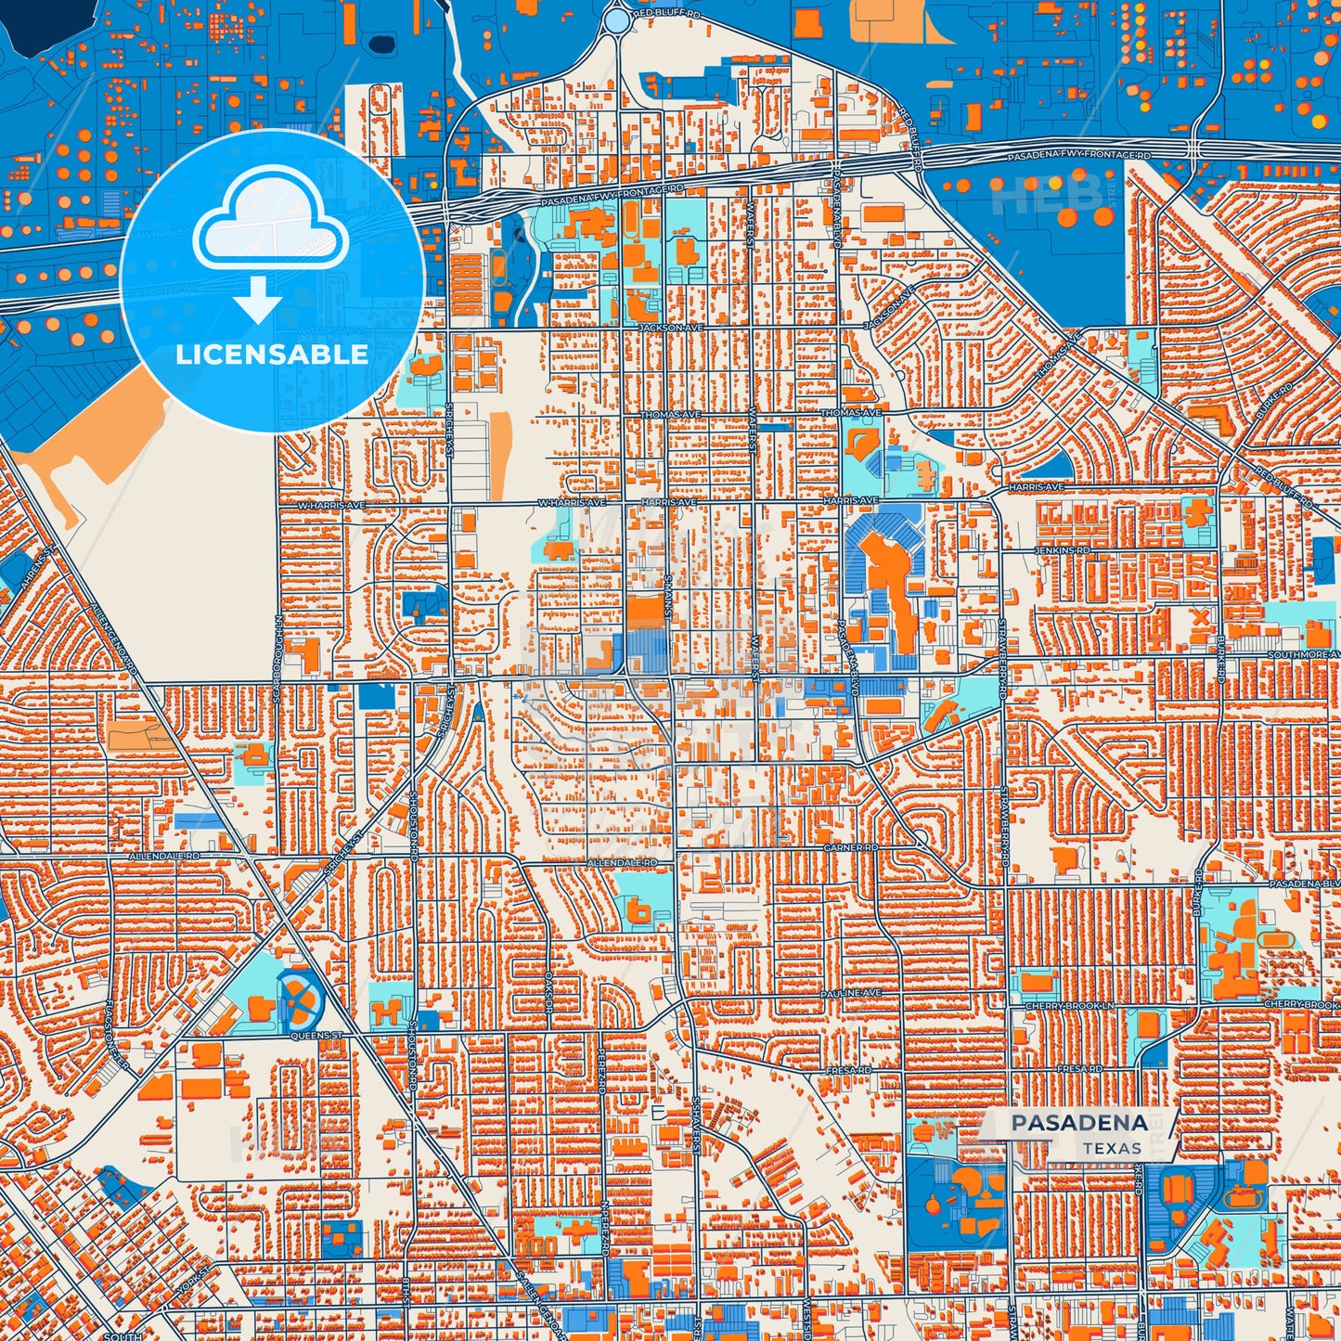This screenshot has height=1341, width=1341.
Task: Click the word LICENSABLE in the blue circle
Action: (272, 355)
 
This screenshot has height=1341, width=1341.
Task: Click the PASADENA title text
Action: (1079, 1123)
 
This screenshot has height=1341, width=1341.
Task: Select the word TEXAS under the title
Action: (1112, 1149)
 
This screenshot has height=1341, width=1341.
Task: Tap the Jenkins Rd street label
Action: (1062, 551)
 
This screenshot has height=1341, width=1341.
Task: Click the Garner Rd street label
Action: (850, 848)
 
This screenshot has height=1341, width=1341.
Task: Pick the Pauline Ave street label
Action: (850, 993)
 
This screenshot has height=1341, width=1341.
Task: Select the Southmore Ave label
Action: (1303, 655)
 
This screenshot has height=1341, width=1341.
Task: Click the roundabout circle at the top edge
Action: (616, 19)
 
